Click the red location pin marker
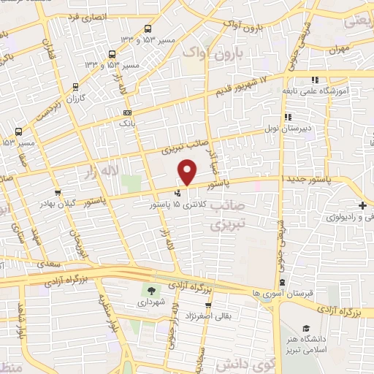point(188,172)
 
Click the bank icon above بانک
point(128,112)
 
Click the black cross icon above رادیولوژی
point(363,205)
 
